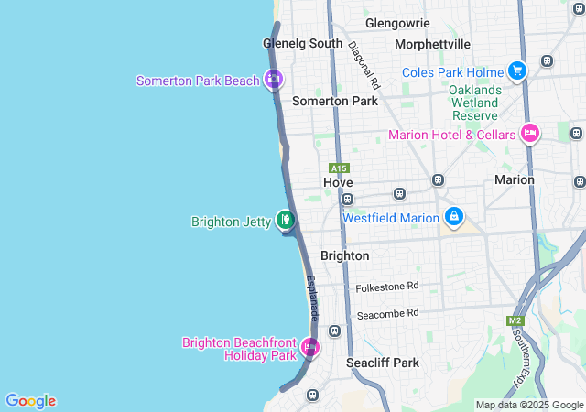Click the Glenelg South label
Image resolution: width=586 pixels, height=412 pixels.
(x=302, y=43)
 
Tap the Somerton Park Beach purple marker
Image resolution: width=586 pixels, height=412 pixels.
(x=273, y=81)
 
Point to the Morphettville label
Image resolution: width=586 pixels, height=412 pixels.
(x=432, y=44)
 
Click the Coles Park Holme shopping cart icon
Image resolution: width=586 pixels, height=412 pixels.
(x=517, y=71)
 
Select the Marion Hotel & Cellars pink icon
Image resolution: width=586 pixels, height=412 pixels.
(x=529, y=135)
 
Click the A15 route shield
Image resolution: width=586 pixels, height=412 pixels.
(x=339, y=168)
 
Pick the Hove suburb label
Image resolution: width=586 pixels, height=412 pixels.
(x=338, y=182)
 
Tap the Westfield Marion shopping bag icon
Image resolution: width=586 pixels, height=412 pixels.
(x=452, y=217)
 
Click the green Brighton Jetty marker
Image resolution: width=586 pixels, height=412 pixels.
(x=287, y=221)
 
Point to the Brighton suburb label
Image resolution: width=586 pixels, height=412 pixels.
(x=345, y=255)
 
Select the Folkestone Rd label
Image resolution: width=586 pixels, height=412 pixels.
(x=387, y=287)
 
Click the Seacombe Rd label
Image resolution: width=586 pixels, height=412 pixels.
(x=387, y=312)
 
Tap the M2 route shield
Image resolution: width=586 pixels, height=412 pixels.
(x=516, y=320)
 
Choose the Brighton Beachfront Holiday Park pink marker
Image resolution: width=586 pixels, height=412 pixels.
(x=310, y=348)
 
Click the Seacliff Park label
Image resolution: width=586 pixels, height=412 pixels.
(x=383, y=363)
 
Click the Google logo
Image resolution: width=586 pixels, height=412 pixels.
(x=30, y=401)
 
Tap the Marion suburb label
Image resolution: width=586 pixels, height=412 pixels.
(x=514, y=179)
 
